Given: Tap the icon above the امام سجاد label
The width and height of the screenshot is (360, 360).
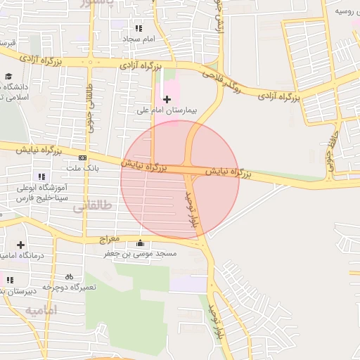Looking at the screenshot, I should [x=139, y=28].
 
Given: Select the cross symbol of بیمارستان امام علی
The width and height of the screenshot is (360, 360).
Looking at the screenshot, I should [x=167, y=99].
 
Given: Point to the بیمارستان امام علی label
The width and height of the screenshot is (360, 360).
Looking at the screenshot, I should [x=167, y=110].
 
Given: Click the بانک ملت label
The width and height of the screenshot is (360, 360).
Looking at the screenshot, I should [x=83, y=168].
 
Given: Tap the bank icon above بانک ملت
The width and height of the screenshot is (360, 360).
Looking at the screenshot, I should [x=83, y=157].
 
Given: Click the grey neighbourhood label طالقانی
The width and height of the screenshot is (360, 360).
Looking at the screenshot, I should [x=96, y=207].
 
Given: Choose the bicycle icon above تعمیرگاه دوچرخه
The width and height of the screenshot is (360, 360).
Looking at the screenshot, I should [x=69, y=276].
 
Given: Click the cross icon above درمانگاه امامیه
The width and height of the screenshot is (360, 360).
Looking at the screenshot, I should [x=20, y=245].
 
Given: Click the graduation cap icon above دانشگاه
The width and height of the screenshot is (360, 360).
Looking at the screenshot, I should [x=8, y=77].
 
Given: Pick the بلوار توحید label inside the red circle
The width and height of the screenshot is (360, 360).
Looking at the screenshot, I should [x=191, y=208].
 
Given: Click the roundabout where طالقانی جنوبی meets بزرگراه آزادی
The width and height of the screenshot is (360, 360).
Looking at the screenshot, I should [x=89, y=63].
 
